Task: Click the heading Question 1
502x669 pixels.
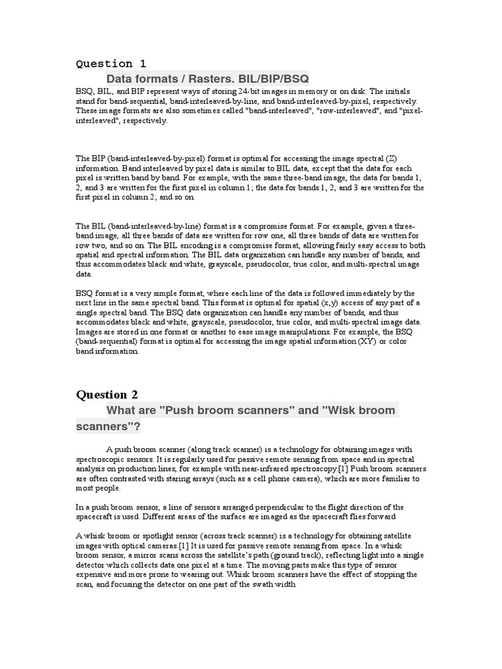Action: pyautogui.click(x=111, y=63)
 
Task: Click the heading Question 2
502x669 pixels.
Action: pyautogui.click(x=111, y=395)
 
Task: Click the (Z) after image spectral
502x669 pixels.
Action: pyautogui.click(x=391, y=159)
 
